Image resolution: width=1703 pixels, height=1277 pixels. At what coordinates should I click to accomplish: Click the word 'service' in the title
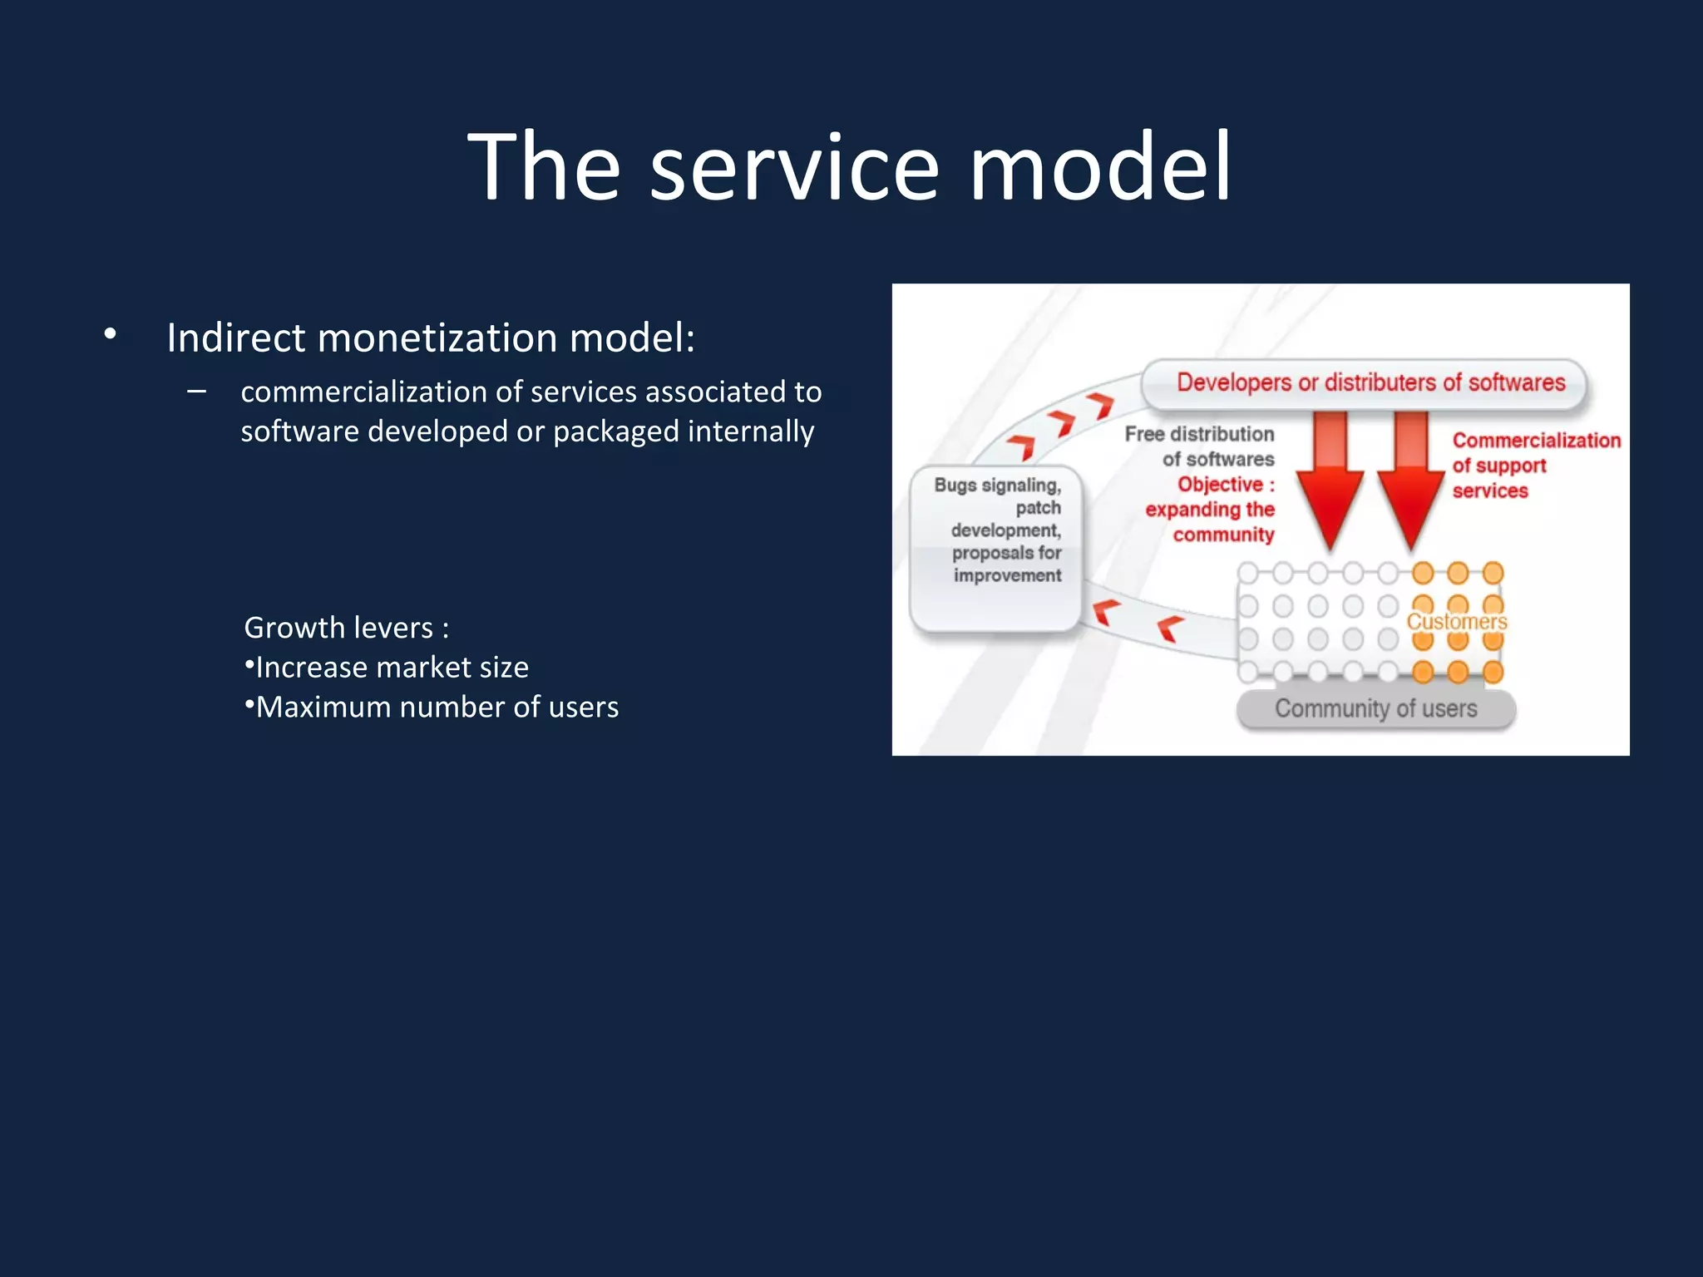pyautogui.click(x=794, y=168)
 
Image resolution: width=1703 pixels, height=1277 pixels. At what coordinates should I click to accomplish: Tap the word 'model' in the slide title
pyautogui.click(x=1099, y=168)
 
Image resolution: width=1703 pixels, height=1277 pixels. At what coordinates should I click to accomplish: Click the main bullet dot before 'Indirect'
pyautogui.click(x=110, y=334)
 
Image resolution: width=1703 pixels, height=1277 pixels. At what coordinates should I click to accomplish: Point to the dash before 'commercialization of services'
pyautogui.click(x=197, y=391)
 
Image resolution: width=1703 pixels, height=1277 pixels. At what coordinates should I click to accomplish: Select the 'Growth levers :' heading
pyautogui.click(x=346, y=628)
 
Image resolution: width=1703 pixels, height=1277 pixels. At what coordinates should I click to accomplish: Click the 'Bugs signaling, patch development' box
pyautogui.click(x=996, y=549)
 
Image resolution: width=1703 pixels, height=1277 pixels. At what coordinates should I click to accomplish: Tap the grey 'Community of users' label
pyautogui.click(x=1375, y=709)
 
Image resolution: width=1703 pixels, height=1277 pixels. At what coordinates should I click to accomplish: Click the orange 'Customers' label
pyautogui.click(x=1456, y=622)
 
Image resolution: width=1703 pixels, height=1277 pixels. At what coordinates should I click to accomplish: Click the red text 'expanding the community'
pyautogui.click(x=1211, y=522)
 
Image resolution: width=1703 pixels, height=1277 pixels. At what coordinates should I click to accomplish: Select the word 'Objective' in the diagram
pyautogui.click(x=1220, y=485)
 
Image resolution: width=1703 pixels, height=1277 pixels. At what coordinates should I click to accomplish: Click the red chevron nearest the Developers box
pyautogui.click(x=1102, y=406)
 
